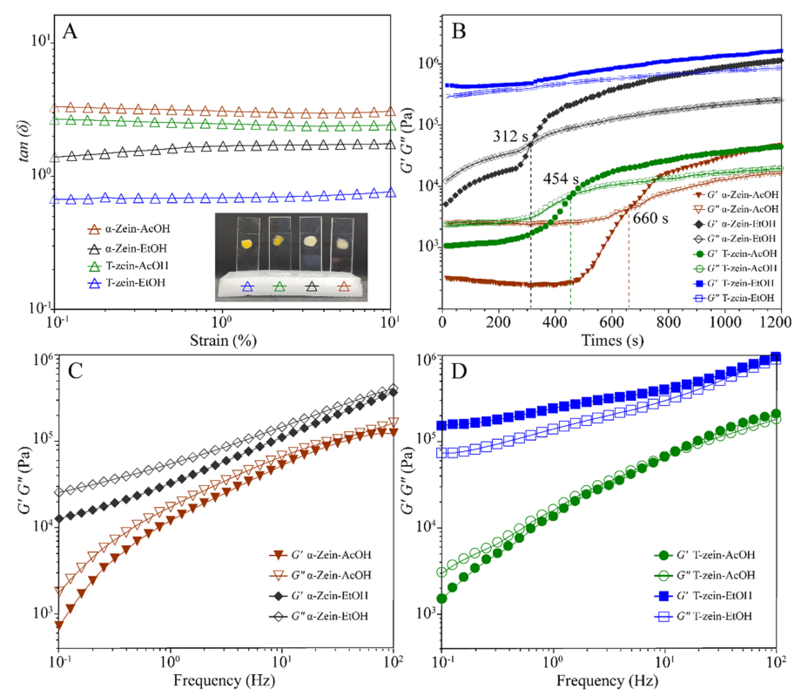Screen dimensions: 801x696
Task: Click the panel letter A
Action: click(x=70, y=31)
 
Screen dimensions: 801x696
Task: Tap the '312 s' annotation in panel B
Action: click(x=510, y=136)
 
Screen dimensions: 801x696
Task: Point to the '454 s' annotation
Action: click(x=561, y=179)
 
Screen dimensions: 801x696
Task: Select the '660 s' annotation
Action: click(x=650, y=218)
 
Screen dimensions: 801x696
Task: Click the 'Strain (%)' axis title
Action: click(x=223, y=341)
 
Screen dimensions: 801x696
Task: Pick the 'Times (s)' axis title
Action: click(x=612, y=341)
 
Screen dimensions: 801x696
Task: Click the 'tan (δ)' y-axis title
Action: click(x=24, y=141)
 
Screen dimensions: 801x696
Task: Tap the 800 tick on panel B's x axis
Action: click(x=668, y=322)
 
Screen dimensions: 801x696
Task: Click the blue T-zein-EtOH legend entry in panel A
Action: click(x=127, y=282)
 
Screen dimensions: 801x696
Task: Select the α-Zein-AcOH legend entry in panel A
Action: click(x=129, y=228)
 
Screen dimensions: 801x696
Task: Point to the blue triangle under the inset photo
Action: click(x=248, y=287)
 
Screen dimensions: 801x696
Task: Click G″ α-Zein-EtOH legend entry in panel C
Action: click(x=319, y=616)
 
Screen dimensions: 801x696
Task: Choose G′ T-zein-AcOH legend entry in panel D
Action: click(x=704, y=555)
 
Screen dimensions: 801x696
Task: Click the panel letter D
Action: click(x=459, y=371)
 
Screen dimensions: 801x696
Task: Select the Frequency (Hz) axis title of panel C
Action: click(x=224, y=680)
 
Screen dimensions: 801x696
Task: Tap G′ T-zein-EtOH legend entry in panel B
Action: click(x=734, y=283)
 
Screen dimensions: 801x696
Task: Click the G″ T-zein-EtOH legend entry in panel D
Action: click(x=703, y=616)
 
